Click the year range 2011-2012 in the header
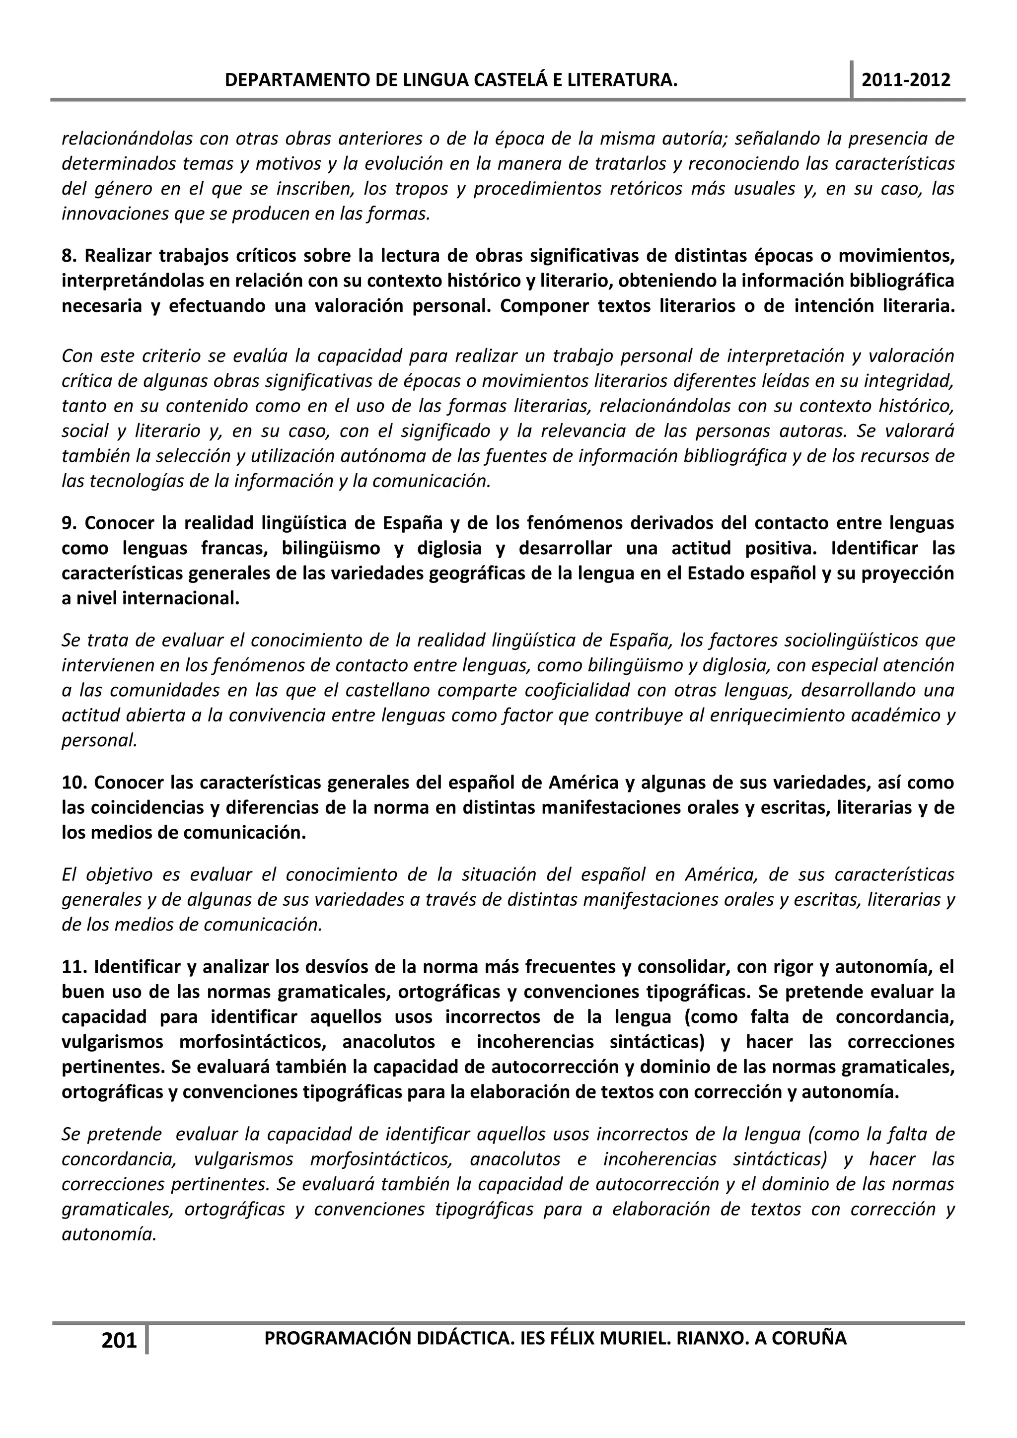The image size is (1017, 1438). [x=906, y=80]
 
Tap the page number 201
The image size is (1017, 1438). [x=119, y=1340]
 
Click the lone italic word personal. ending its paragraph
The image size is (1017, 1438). [x=99, y=741]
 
